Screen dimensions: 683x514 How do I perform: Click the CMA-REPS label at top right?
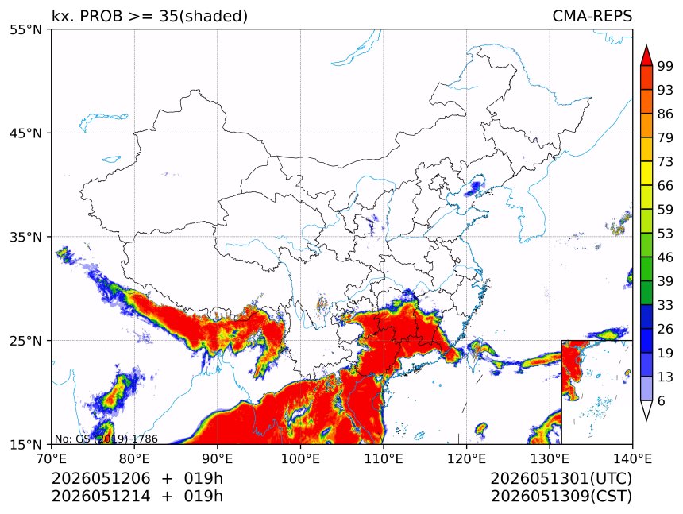[x=592, y=16]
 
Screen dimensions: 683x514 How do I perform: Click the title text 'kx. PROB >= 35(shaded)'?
[x=149, y=16]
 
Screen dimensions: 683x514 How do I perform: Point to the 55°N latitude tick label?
[x=25, y=29]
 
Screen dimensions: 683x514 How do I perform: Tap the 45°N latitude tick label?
[x=25, y=133]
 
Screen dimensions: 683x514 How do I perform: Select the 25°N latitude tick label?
[x=25, y=340]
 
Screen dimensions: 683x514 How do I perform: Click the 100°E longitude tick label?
[x=300, y=458]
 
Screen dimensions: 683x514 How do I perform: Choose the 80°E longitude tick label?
[x=134, y=458]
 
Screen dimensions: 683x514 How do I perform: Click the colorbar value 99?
[x=666, y=66]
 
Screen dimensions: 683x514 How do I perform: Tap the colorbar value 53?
[x=666, y=234]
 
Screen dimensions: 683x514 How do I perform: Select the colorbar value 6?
[x=662, y=400]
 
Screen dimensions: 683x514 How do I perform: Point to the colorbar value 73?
[x=666, y=161]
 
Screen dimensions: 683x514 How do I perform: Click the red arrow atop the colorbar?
[x=646, y=56]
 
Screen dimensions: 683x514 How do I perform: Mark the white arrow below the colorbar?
[x=646, y=410]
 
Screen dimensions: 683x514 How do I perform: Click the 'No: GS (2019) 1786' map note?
[x=106, y=439]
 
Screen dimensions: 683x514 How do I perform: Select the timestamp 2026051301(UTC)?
[x=561, y=478]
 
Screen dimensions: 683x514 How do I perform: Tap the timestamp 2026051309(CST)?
[x=561, y=497]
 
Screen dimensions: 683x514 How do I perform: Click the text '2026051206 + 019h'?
[x=137, y=478]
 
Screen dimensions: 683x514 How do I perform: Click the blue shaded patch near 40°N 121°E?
[x=474, y=187]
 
